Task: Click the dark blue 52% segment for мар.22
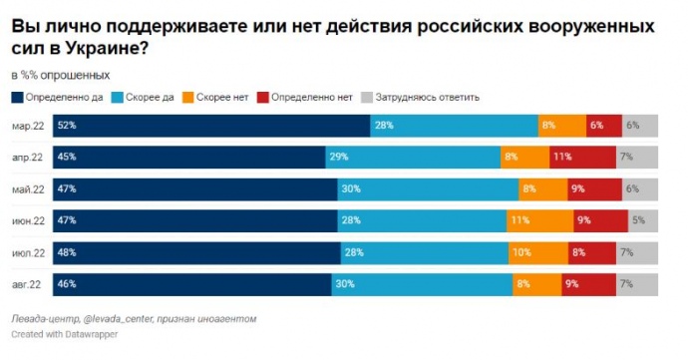tap(211, 126)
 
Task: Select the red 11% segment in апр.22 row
tap(582, 158)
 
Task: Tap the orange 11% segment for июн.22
tap(539, 220)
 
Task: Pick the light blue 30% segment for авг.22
tap(422, 284)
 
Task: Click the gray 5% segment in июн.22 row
tap(643, 220)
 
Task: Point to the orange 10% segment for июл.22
tap(538, 253)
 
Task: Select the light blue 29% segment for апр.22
tap(413, 158)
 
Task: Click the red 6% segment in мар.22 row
tap(604, 126)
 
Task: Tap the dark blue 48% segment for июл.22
tap(197, 253)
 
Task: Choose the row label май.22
tap(28, 189)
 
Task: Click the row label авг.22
tap(26, 284)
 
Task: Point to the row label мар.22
tap(28, 126)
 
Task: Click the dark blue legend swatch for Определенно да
tap(17, 98)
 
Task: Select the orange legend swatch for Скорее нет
tap(188, 98)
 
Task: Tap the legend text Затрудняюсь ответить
tap(427, 97)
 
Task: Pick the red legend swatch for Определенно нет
tap(263, 98)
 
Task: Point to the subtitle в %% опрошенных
tap(61, 76)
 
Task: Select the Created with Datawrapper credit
tap(65, 334)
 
